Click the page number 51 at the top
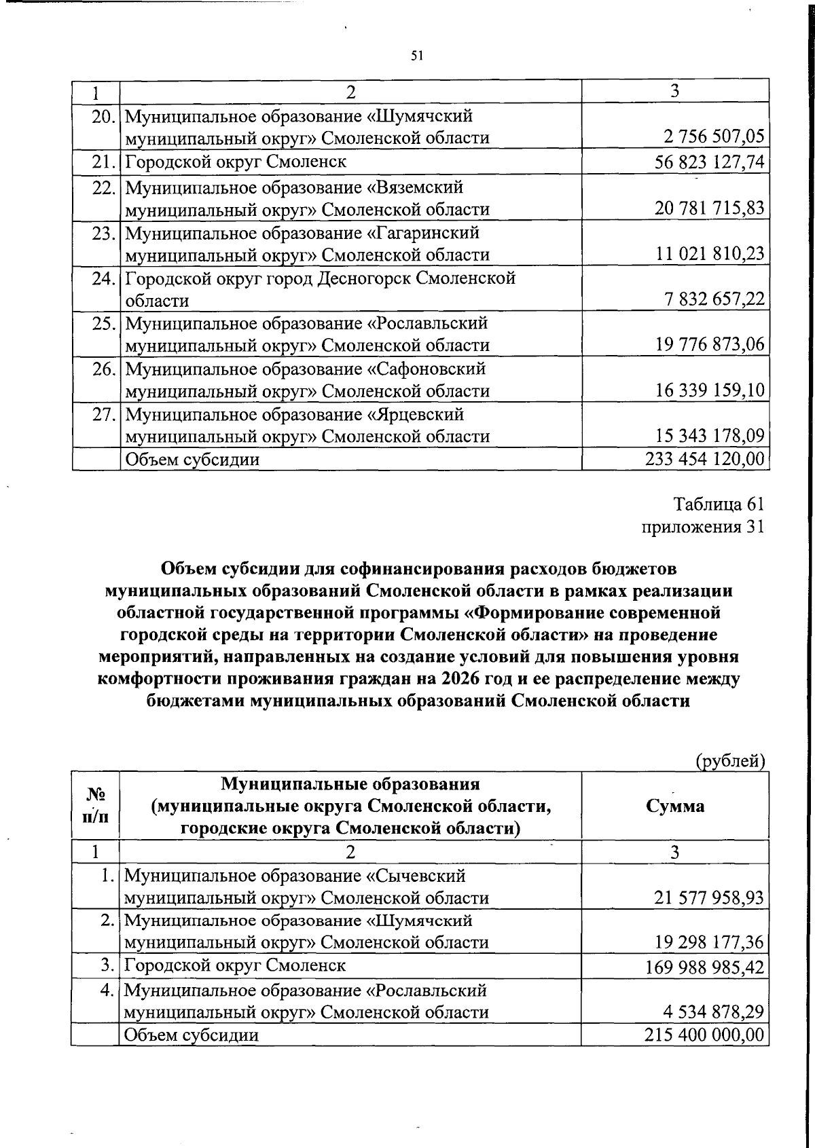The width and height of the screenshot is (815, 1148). coord(417,56)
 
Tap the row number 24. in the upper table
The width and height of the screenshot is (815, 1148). coord(103,278)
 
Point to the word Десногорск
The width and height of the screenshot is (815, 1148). coord(363,278)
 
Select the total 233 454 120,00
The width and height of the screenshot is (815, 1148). coord(704,460)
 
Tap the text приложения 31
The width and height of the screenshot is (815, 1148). coord(703,527)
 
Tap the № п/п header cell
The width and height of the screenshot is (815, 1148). coord(95,806)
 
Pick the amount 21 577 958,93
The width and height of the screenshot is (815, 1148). coord(708,899)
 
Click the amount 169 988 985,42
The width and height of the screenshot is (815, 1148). coord(704,966)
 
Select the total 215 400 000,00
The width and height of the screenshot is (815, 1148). coord(704,1035)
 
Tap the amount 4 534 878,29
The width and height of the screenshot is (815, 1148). coord(714,1012)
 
